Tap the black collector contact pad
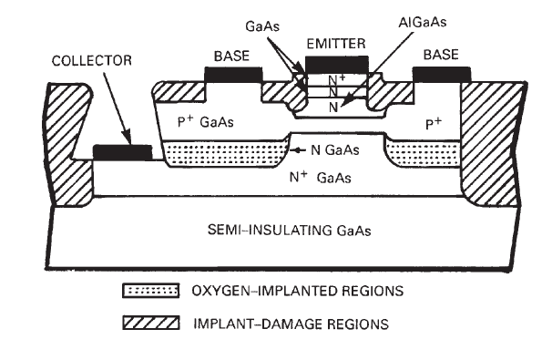click(124, 150)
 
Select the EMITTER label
click(337, 43)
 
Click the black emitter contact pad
click(337, 64)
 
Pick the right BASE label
click(442, 56)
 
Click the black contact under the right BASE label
click(442, 73)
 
